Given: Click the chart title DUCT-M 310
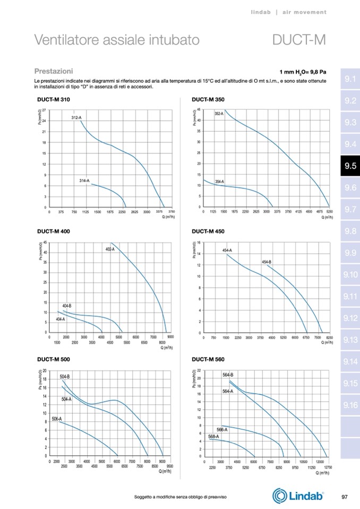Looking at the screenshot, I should tap(53, 100).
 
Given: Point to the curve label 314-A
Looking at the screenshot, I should tap(84, 181).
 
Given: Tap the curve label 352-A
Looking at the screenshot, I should tap(219, 114).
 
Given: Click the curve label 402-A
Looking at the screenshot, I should tap(110, 248).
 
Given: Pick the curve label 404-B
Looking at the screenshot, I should tap(67, 306).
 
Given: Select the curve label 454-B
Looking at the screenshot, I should tap(267, 262).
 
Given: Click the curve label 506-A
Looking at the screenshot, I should tap(56, 419).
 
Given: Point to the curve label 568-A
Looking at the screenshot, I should tap(213, 436).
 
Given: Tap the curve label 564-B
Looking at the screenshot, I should tap(228, 375).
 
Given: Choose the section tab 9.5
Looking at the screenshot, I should tap(350, 166).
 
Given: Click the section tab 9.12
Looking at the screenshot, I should tap(350, 318).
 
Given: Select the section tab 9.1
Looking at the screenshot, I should tap(350, 79).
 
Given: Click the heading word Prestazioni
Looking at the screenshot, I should tap(53, 71).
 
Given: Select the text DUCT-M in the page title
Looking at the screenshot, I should tap(298, 40).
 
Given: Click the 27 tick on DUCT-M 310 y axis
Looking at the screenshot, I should tap(44, 110).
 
